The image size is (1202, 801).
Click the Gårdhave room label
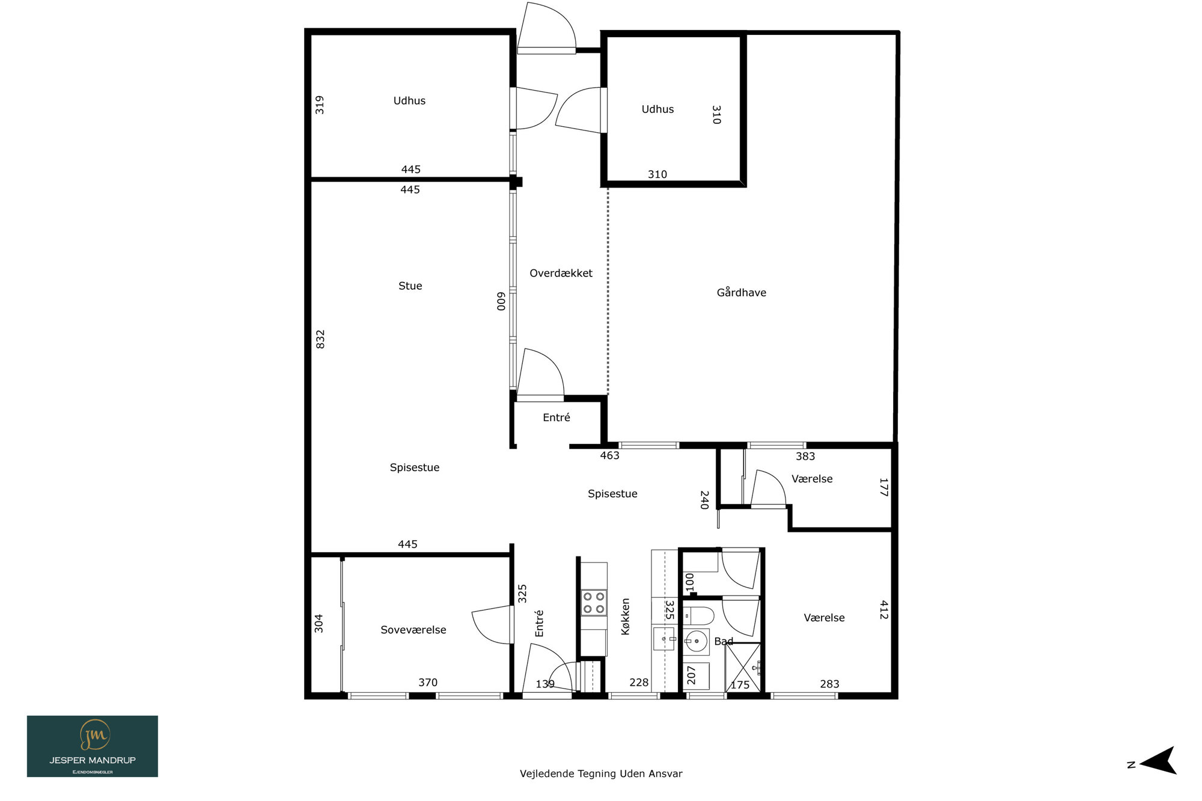pos(741,293)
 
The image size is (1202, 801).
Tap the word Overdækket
pos(561,273)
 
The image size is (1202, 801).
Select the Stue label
pos(410,286)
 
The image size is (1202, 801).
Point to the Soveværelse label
pos(413,630)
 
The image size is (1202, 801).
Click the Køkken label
pos(625,617)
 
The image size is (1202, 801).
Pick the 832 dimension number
pos(320,339)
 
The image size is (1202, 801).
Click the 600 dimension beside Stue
pos(501,301)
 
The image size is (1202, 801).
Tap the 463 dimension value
pos(609,455)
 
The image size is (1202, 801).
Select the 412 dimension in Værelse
pos(883,609)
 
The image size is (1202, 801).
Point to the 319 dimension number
pos(320,105)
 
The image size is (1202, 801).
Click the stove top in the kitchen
pos(594,603)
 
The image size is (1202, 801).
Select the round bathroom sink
pos(697,641)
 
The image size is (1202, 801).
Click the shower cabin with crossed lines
pos(743,667)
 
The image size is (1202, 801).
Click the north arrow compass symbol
pos(1158,761)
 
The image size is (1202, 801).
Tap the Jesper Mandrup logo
pos(93,746)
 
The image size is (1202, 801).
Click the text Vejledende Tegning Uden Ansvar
pos(601,774)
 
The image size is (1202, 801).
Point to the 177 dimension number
pos(883,487)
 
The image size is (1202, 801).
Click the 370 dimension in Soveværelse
pos(428,683)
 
